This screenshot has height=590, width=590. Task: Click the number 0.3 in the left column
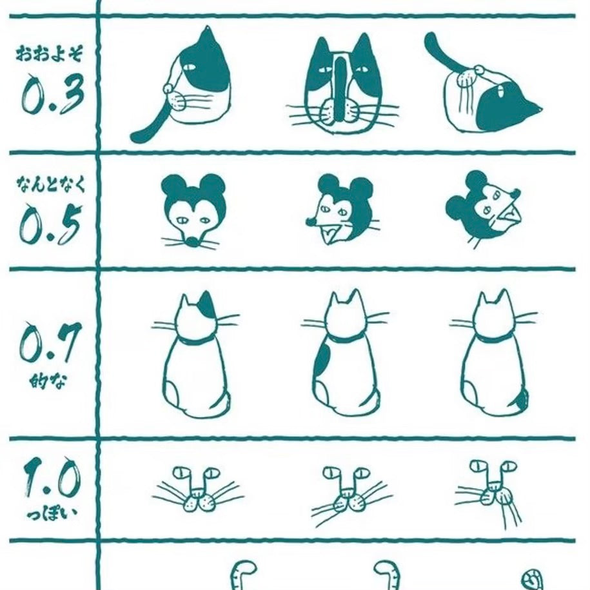pos(52,94)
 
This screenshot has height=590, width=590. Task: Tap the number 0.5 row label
pos(50,224)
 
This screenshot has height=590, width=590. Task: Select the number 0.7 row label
pos(50,342)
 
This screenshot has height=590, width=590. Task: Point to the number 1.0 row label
pos(52,477)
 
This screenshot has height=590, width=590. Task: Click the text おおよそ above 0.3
pos(49,53)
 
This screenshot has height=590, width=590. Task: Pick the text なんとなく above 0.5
pos(51,185)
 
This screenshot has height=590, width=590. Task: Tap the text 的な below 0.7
pos(48,382)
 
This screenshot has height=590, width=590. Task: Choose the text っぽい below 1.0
pos(52,513)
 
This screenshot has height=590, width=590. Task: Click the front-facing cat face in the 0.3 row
pos(342,85)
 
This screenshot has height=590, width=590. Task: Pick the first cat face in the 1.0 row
pos(197,489)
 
